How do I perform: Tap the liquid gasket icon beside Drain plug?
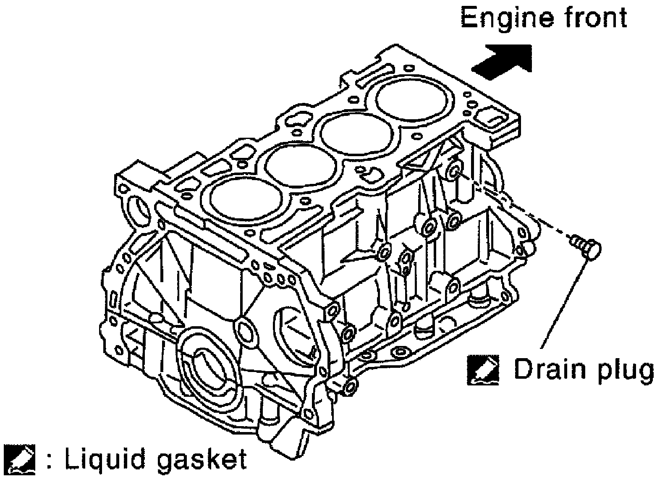pyautogui.click(x=483, y=370)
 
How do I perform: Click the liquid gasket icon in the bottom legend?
pyautogui.click(x=20, y=461)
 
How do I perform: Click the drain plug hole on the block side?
pyautogui.click(x=454, y=171)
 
